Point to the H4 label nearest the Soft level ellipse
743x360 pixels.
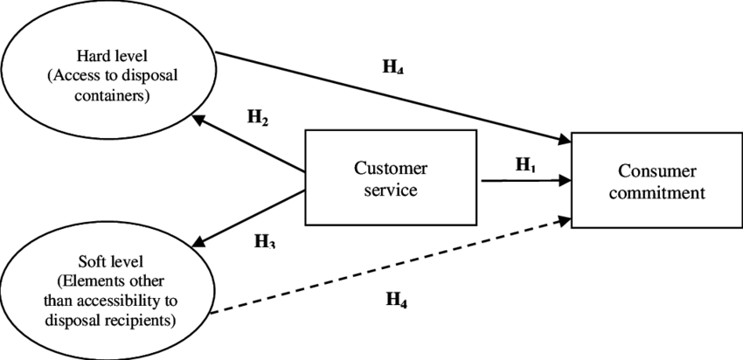coord(397,299)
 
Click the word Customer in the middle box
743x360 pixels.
coord(390,169)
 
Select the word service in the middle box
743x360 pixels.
coord(390,189)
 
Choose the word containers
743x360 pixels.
coord(111,94)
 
